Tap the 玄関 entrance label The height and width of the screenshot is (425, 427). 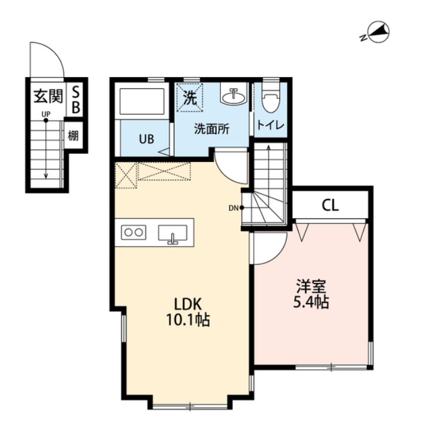coord(48,96)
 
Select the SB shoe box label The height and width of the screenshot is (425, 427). coord(76,99)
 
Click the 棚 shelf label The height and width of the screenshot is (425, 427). coord(73,135)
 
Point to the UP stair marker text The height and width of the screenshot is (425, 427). coord(46,114)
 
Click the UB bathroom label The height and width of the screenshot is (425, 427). coord(147,140)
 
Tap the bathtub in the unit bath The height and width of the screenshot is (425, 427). coord(142,101)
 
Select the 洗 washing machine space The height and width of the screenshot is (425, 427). coord(190,97)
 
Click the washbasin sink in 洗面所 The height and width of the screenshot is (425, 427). coord(233,95)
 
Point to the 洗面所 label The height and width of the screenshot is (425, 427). coord(211,129)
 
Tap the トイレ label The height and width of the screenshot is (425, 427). coord(270,125)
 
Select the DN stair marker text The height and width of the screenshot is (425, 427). coord(233,208)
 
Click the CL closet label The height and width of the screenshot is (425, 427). coord(330,205)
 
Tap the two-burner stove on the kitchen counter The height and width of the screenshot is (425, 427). coord(134,233)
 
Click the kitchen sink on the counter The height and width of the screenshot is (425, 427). coord(173,233)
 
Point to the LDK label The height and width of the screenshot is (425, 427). coord(188,304)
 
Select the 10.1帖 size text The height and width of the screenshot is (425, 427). coord(188,320)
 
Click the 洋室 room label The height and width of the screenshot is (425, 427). coord(311,286)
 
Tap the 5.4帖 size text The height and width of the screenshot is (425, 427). coord(311,302)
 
